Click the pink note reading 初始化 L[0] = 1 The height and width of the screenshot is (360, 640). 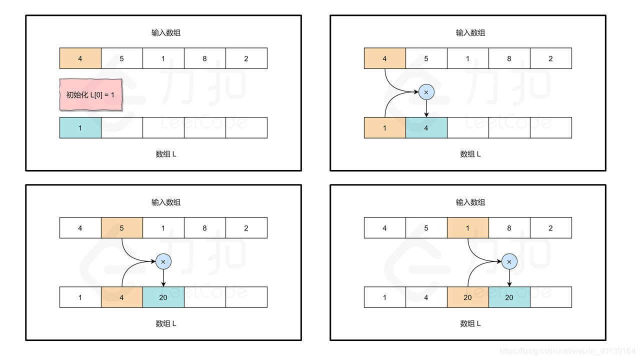90,94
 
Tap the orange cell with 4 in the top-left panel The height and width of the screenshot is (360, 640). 80,58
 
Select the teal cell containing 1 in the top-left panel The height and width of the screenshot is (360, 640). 80,128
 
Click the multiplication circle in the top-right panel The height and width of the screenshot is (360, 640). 426,92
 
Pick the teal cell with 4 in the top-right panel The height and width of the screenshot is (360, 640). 426,128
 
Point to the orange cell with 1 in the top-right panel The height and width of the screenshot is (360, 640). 384,128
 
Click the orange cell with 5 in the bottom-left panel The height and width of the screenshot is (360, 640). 122,228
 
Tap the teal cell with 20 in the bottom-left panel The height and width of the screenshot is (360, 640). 163,297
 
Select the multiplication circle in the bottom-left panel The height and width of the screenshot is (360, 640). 163,261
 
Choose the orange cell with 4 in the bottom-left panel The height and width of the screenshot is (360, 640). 122,297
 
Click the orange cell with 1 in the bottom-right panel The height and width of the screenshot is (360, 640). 467,228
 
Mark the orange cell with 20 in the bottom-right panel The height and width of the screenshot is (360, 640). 467,297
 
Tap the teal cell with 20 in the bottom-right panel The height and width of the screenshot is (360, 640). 509,297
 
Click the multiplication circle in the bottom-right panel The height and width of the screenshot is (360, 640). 509,261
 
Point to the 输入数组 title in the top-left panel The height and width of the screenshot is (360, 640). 166,33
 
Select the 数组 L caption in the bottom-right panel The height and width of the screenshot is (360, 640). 470,323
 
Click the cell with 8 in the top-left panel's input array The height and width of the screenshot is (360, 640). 204,58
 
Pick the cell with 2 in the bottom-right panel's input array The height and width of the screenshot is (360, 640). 550,228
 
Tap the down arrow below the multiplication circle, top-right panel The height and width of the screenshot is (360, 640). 426,108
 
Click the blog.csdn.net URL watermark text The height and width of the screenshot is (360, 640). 567,351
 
